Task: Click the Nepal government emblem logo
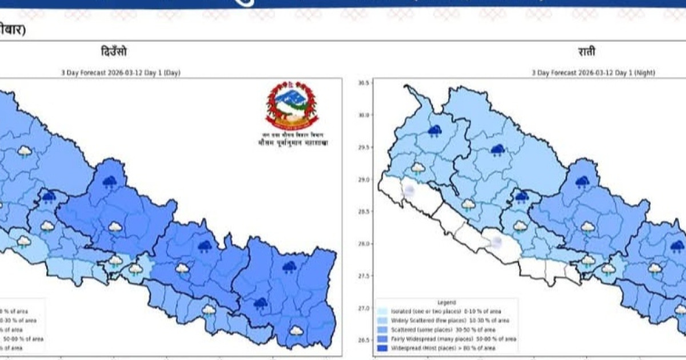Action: [292, 106]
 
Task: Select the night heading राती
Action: [587, 52]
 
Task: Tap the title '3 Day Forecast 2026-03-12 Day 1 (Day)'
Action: [121, 73]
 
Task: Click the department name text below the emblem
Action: [293, 143]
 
